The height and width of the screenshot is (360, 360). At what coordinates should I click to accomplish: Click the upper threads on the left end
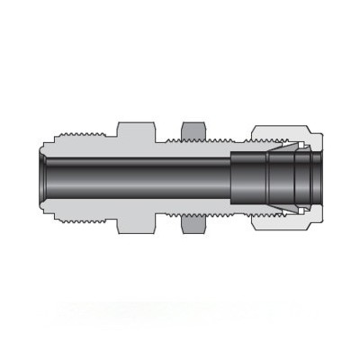click(x=81, y=140)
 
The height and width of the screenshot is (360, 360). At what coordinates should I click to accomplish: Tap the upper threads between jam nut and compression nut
click(x=225, y=140)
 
